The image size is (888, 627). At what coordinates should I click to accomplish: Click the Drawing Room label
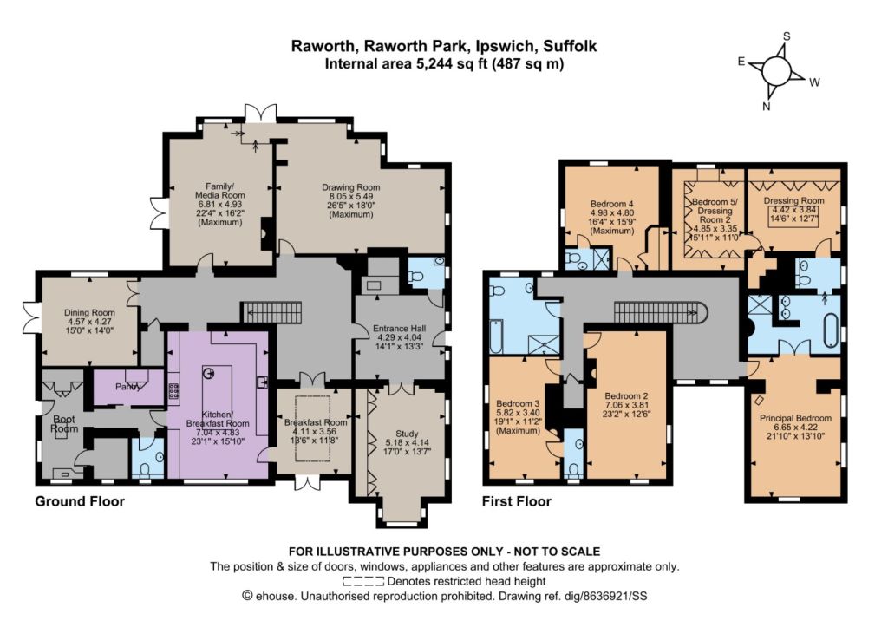tap(351, 200)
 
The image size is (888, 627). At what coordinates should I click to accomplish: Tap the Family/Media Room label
tap(220, 204)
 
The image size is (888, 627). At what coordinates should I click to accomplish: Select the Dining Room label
tap(89, 321)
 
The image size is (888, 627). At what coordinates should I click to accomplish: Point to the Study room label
tap(407, 442)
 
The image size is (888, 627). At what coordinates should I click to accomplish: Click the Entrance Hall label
tap(399, 337)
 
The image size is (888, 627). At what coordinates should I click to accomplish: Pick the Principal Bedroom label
tap(796, 427)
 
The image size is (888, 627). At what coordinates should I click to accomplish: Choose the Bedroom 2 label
tap(626, 405)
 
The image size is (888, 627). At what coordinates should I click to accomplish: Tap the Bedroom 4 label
tap(611, 218)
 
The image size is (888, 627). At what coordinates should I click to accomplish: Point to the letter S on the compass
tap(786, 36)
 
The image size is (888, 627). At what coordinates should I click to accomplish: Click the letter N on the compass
tap(767, 107)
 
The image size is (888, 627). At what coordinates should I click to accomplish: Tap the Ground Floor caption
tap(80, 501)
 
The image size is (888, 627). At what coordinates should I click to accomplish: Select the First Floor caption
tap(517, 501)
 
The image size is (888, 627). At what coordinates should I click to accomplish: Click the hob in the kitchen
tap(173, 391)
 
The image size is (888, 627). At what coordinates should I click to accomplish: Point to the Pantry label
tap(128, 387)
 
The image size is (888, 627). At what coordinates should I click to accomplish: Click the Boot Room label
tap(64, 424)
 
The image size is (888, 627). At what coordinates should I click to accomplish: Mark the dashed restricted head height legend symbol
tap(363, 581)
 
